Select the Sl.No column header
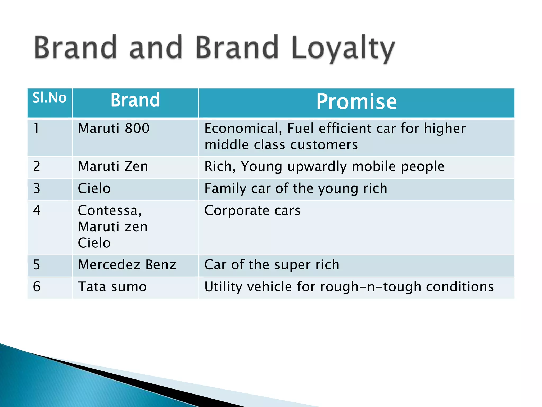(49, 98)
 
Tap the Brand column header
(135, 100)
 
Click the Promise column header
(356, 102)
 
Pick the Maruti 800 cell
(114, 129)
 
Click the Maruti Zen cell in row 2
(113, 167)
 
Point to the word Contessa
(110, 211)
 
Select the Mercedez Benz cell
(127, 265)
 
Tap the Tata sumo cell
(112, 287)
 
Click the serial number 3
(37, 189)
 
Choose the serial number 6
(37, 287)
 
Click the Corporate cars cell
(252, 211)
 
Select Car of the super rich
(272, 265)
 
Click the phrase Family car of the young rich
(296, 189)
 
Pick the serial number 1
(36, 129)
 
